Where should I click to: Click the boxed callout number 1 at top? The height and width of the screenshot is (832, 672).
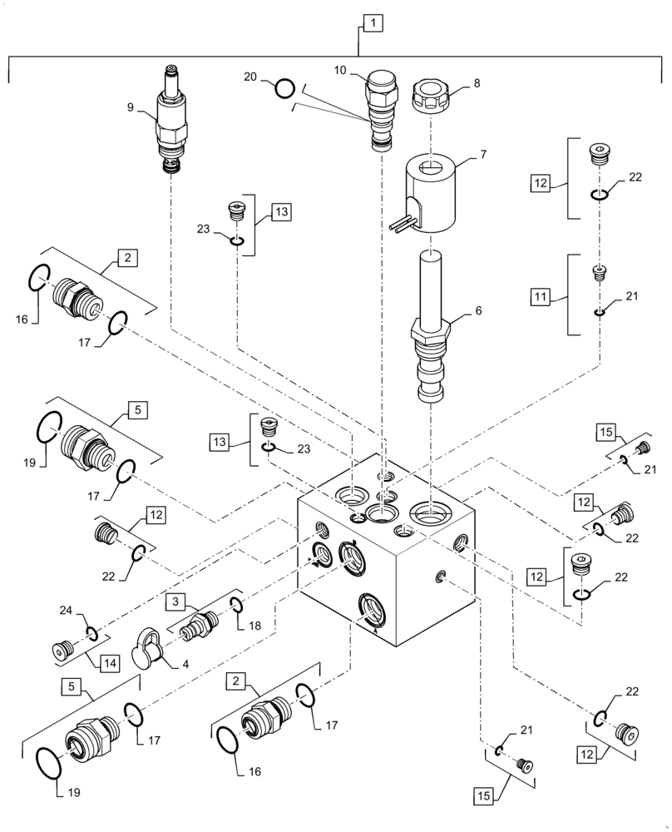pyautogui.click(x=372, y=23)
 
